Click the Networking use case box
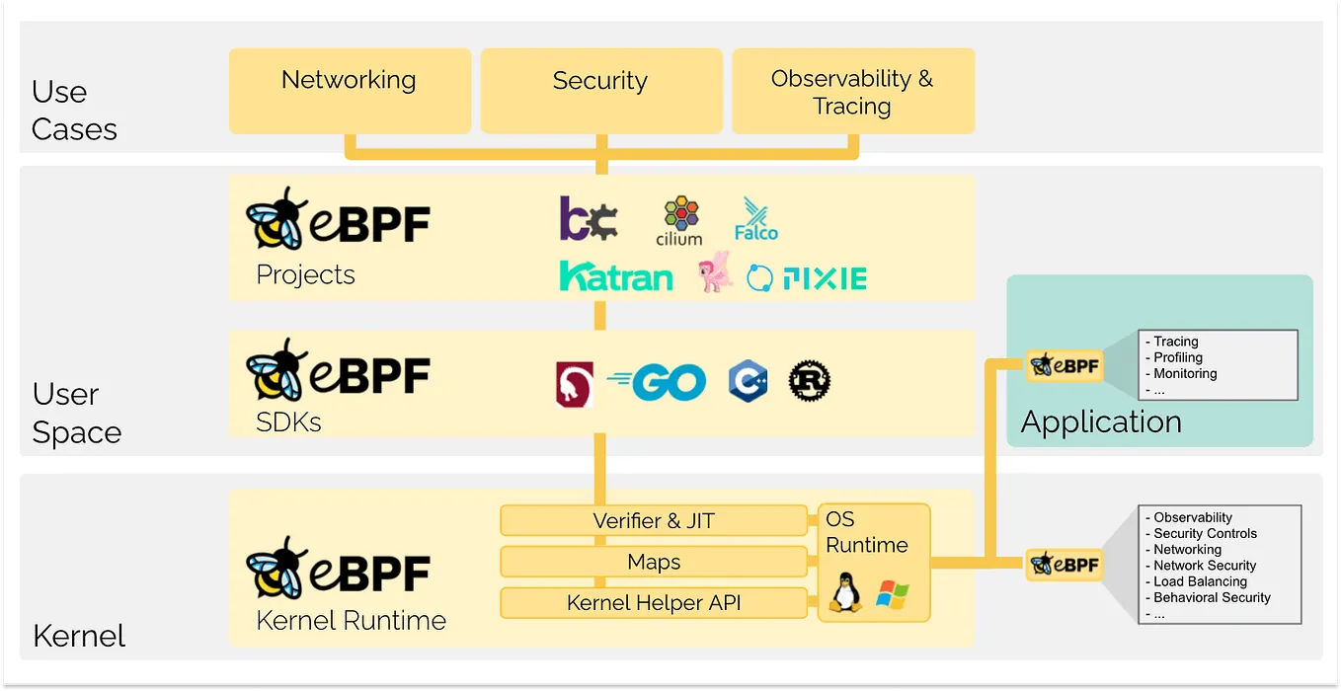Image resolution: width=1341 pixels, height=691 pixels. (x=350, y=91)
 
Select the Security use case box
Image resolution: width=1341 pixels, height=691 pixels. (x=600, y=91)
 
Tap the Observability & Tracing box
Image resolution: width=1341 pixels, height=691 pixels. (x=852, y=91)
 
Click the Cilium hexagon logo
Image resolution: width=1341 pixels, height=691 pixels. (x=679, y=220)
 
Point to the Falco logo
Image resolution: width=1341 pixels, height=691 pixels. (x=755, y=219)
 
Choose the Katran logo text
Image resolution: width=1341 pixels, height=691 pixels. (x=616, y=277)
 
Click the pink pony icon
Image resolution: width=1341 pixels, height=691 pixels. (x=714, y=272)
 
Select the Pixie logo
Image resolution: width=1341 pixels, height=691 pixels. (x=807, y=278)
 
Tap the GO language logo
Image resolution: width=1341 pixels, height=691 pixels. (x=658, y=382)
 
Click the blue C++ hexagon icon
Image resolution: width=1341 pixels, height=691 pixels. (x=748, y=381)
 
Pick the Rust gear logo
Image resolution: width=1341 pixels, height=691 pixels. (x=810, y=381)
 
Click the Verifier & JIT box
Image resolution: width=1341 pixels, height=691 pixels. (x=654, y=521)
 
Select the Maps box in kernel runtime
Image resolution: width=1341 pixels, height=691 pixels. (x=654, y=562)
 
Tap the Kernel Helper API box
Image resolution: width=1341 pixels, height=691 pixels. (x=654, y=602)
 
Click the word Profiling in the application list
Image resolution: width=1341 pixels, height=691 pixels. (x=1178, y=357)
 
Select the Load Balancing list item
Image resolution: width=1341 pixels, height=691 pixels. (x=1200, y=581)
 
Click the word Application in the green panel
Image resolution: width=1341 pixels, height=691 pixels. (x=1101, y=422)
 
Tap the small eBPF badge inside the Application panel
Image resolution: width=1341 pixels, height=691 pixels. (x=1065, y=365)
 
